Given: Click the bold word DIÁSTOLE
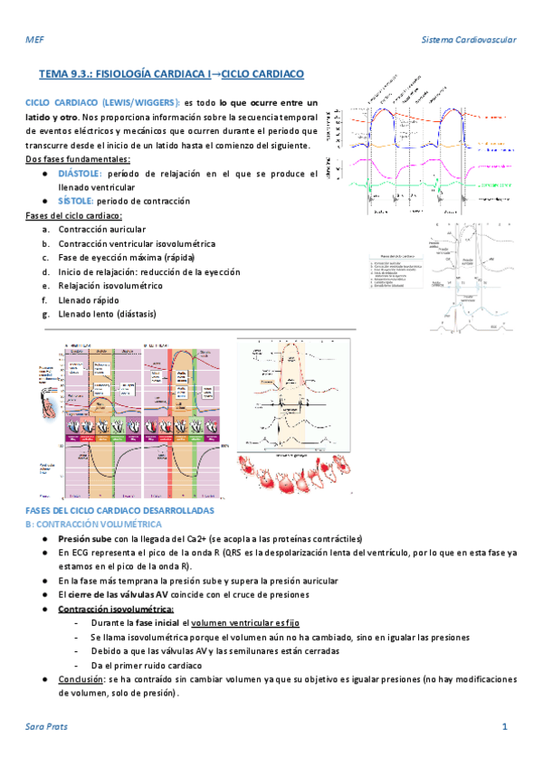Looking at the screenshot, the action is pyautogui.click(x=80, y=173).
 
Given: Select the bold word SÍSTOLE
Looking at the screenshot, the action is pyautogui.click(x=75, y=200).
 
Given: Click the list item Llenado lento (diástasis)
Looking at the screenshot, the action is pyautogui.click(x=107, y=314).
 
